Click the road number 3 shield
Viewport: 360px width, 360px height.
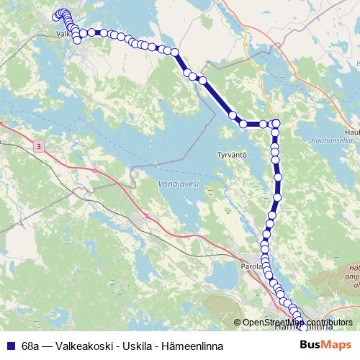point(37,147)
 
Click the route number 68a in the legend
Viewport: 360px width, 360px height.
point(31,346)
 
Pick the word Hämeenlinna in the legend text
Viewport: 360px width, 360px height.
point(193,346)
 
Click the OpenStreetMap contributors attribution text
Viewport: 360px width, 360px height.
point(297,323)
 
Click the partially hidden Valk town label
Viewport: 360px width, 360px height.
point(63,33)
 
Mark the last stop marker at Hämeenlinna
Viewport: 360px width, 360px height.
point(303,328)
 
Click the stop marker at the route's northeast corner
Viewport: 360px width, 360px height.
point(276,123)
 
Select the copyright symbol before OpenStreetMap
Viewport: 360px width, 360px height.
point(238,323)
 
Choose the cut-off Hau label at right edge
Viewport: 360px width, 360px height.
point(352,132)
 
